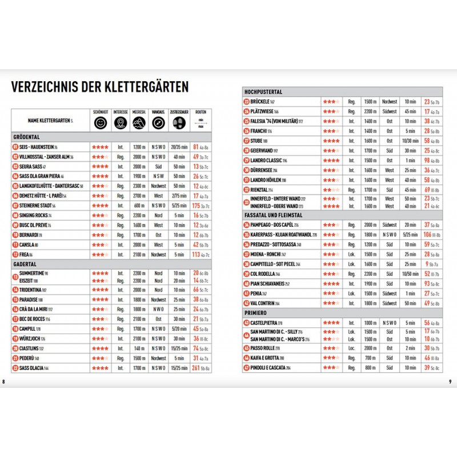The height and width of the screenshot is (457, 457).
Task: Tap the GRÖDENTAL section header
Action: (26, 138)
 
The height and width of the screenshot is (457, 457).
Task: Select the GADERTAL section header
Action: (25, 264)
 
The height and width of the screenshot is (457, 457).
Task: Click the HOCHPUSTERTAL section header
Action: (263, 92)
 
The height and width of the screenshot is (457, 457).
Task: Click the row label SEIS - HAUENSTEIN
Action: (39, 147)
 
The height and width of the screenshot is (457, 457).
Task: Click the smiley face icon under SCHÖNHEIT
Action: (100, 123)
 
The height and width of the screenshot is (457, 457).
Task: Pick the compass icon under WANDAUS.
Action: (158, 123)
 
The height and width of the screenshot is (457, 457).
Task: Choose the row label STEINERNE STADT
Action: (39, 205)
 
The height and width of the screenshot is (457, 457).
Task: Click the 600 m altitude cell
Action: (139, 205)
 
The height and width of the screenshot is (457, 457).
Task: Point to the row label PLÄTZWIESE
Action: (264, 111)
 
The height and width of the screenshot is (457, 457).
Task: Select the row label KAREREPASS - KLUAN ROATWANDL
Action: (279, 235)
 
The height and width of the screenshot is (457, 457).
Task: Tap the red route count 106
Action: (427, 235)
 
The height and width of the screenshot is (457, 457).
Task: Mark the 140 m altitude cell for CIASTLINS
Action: (139, 348)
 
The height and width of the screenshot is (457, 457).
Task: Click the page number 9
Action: (450, 382)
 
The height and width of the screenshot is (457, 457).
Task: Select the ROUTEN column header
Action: (201, 112)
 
